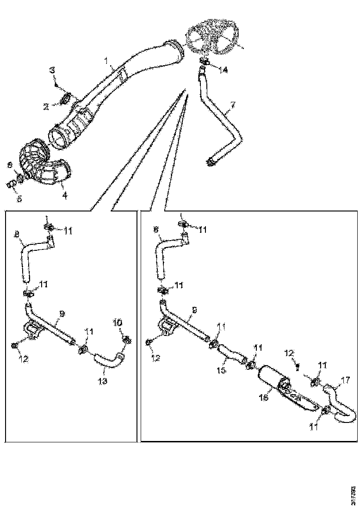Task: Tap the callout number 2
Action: [x=46, y=106]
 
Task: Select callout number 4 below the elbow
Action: [x=65, y=196]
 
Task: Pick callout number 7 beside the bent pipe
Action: [x=233, y=106]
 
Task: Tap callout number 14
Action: [x=223, y=70]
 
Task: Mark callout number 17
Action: [x=345, y=382]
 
